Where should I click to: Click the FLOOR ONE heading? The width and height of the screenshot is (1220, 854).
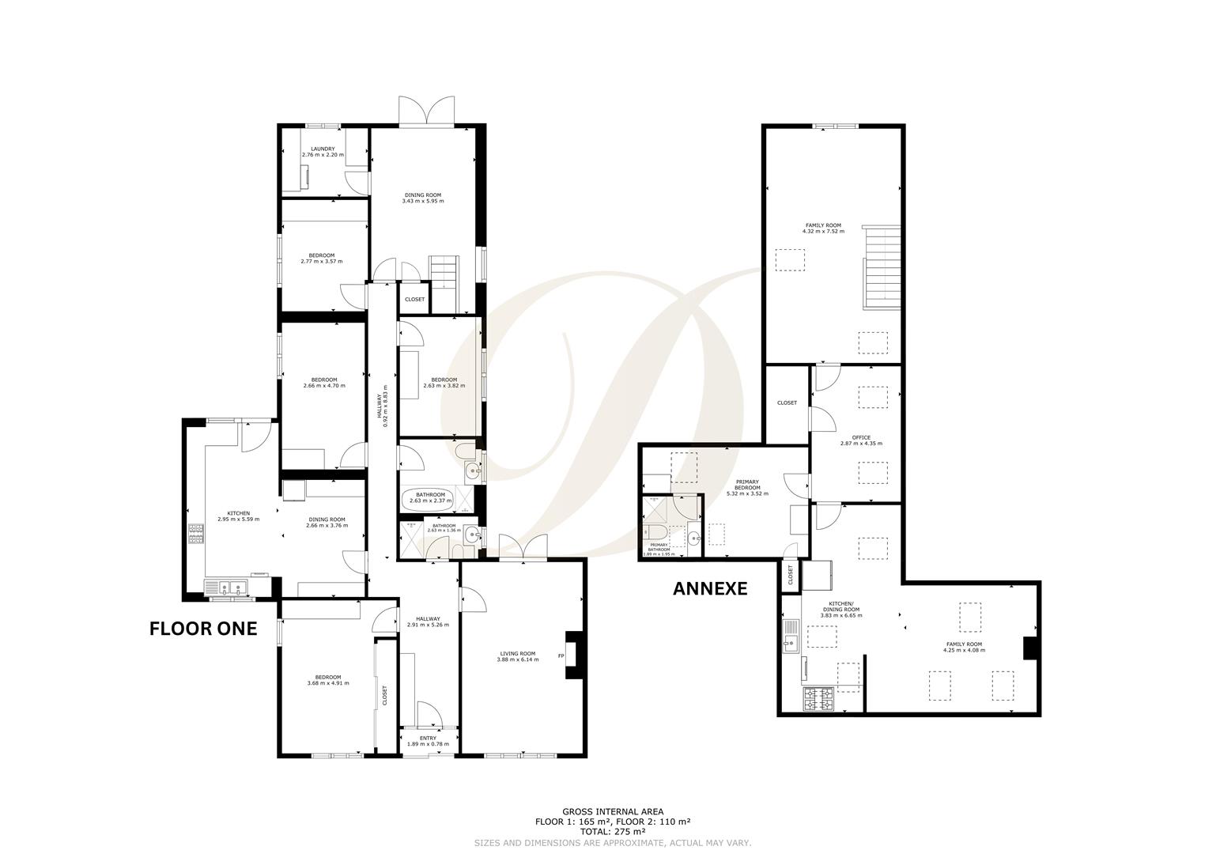tap(203, 629)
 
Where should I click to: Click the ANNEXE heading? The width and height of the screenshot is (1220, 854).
tap(709, 588)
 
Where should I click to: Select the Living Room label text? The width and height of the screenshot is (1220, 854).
tap(518, 656)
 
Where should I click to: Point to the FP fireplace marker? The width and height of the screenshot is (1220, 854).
tap(561, 656)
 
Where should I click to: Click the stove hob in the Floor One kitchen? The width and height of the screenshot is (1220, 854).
tap(195, 535)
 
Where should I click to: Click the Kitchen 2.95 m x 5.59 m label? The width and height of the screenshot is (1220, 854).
tap(238, 516)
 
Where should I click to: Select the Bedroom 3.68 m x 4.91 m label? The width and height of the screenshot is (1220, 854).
tap(328, 680)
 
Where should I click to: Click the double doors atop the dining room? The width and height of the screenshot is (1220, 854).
tap(427, 111)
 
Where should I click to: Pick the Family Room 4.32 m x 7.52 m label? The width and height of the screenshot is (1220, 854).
tap(823, 229)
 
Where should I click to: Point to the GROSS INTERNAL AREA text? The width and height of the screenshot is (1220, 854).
tap(613, 811)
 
